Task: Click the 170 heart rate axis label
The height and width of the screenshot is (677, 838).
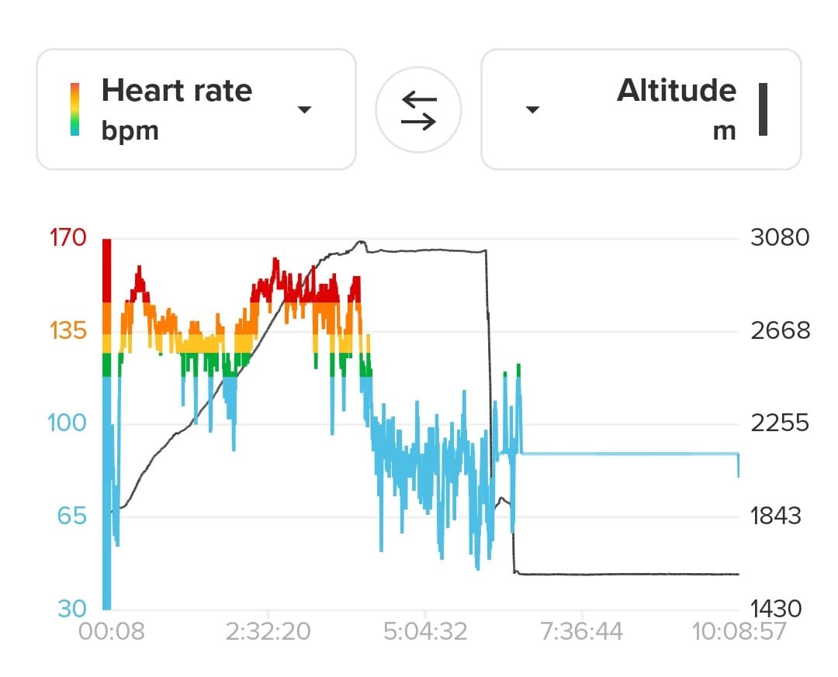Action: tap(68, 237)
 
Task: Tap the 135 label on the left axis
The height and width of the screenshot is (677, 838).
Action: tap(68, 331)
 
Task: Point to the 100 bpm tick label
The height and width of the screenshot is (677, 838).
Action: tap(67, 423)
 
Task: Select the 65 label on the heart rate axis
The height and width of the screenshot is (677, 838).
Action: tap(71, 516)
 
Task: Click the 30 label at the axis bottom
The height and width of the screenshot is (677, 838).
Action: tap(71, 609)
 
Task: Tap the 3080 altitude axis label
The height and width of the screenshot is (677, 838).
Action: tap(780, 237)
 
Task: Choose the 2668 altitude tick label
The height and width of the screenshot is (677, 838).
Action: tap(781, 331)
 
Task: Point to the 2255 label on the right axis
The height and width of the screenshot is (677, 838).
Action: tap(780, 423)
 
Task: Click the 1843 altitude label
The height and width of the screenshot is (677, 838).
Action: tap(775, 516)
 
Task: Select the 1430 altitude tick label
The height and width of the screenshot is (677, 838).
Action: tap(776, 609)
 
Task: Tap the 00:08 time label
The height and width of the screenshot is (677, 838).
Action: tap(111, 631)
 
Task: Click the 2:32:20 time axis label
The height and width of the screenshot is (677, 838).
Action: tap(268, 631)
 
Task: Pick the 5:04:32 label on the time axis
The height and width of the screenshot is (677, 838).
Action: tap(425, 631)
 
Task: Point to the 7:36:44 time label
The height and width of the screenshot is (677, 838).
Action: tap(581, 631)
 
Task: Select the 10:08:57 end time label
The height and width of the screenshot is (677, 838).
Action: tap(739, 631)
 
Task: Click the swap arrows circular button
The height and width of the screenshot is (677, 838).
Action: tap(418, 110)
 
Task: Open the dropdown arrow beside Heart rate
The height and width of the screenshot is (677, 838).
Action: tap(305, 109)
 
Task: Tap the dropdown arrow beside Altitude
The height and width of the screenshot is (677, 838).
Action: tap(533, 109)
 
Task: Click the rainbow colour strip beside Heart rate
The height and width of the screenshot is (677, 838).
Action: tap(74, 109)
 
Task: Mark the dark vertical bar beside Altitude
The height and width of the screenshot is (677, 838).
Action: tap(764, 109)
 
